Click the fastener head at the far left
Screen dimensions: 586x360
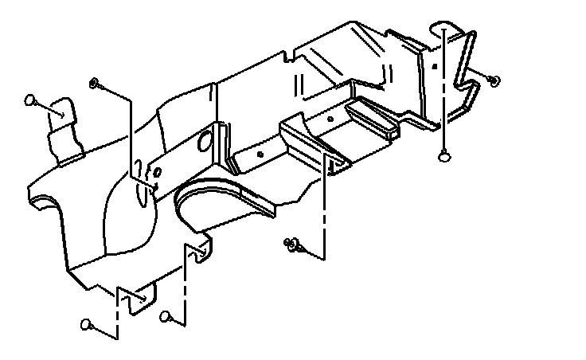pyautogui.click(x=30, y=100)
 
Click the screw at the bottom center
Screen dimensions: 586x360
pyautogui.click(x=292, y=245)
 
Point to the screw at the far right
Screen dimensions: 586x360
pyautogui.click(x=494, y=80)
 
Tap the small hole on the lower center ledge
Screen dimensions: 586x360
pyautogui.click(x=261, y=153)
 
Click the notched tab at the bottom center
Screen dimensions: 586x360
pyautogui.click(x=199, y=252)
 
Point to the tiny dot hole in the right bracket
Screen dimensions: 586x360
pyautogui.click(x=434, y=68)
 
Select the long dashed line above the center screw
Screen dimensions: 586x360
pyautogui.click(x=324, y=207)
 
